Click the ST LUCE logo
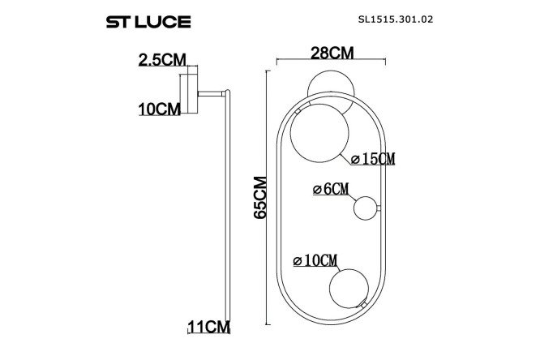tap(148, 22)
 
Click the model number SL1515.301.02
tap(396, 19)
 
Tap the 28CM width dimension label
tap(332, 53)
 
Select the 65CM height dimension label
tap(260, 197)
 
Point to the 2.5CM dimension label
tap(162, 60)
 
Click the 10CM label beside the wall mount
tap(160, 109)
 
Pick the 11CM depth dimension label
tap(208, 326)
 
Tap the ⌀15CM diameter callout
tap(373, 159)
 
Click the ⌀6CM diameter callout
tap(331, 189)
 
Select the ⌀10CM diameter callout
tap(315, 260)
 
